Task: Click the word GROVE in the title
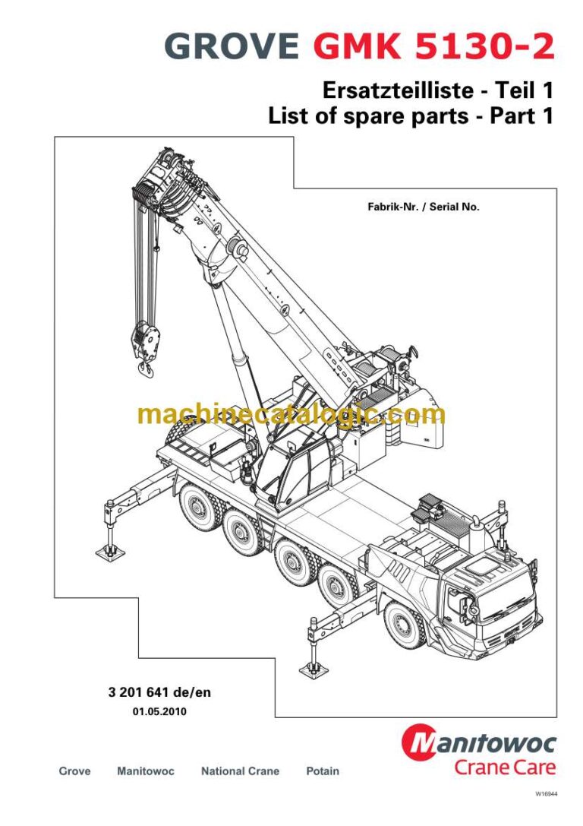[x=231, y=48]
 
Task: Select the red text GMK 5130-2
[x=433, y=48]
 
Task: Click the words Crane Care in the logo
[x=504, y=767]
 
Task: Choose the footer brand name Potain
[x=323, y=771]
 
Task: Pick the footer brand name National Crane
[x=240, y=771]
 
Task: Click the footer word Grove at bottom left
[x=74, y=771]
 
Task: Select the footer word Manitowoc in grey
[x=146, y=771]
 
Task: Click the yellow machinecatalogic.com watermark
[x=291, y=415]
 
